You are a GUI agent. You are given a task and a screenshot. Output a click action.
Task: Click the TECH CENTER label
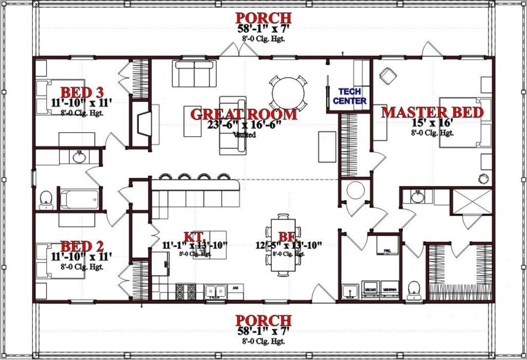tap(349, 97)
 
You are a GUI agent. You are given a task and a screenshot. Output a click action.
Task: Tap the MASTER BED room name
tap(432, 113)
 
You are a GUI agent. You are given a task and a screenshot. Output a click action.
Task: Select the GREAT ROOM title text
tap(243, 114)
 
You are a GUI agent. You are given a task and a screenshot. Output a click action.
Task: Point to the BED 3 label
tap(82, 93)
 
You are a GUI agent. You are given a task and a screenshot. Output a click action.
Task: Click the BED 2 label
tap(82, 246)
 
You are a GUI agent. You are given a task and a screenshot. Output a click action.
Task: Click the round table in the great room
tap(288, 93)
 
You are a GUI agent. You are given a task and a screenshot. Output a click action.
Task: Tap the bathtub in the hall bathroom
tap(80, 199)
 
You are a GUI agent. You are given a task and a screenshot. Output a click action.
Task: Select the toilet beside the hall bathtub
tap(46, 200)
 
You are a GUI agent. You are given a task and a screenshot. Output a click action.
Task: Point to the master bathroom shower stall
tap(471, 202)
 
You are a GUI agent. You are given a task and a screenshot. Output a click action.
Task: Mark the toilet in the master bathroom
tap(414, 290)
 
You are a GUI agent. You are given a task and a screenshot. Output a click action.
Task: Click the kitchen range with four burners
tap(186, 292)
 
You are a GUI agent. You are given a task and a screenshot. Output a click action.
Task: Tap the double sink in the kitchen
tap(216, 292)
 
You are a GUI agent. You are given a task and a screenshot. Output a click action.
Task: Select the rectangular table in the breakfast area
tap(283, 246)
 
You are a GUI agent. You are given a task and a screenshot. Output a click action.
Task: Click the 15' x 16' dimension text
tap(432, 123)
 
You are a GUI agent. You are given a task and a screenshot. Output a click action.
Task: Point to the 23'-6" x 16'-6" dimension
tap(244, 125)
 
